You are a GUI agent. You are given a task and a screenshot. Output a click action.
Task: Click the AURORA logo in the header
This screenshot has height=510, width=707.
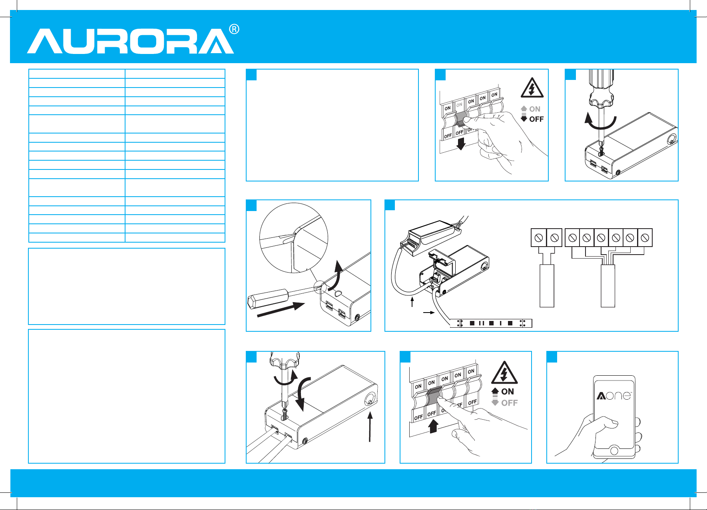click(x=130, y=41)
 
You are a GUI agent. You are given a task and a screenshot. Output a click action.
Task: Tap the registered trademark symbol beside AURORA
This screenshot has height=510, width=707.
click(x=234, y=29)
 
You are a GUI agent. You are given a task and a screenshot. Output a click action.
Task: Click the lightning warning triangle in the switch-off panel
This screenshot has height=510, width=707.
click(x=532, y=88)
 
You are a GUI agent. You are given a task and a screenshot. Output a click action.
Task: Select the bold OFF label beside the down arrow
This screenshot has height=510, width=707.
click(x=536, y=119)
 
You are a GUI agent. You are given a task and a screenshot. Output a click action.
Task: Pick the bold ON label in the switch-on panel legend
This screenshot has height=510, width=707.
click(x=508, y=392)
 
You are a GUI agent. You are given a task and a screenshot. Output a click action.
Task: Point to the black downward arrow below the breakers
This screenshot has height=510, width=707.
click(x=461, y=143)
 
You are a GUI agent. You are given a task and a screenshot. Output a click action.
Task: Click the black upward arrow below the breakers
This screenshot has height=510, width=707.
click(x=434, y=426)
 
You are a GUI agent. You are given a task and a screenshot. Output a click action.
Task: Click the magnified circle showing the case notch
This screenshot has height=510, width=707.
click(x=294, y=238)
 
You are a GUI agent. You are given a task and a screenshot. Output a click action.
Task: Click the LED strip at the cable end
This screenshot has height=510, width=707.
click(x=491, y=323)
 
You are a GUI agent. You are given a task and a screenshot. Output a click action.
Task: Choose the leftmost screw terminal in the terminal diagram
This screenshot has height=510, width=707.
click(x=538, y=237)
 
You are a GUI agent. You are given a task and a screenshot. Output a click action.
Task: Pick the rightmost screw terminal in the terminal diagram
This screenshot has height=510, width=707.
click(x=645, y=237)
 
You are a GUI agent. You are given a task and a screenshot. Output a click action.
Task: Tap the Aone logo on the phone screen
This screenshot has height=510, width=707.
click(x=614, y=395)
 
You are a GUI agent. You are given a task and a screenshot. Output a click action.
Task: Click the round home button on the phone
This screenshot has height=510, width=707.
click(x=614, y=451)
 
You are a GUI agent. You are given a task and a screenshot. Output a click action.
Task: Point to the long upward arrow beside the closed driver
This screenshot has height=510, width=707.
click(x=370, y=426)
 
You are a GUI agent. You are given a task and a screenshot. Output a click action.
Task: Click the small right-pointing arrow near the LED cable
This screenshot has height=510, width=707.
click(x=429, y=313)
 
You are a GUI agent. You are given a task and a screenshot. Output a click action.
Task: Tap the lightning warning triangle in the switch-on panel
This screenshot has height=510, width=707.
click(x=504, y=373)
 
